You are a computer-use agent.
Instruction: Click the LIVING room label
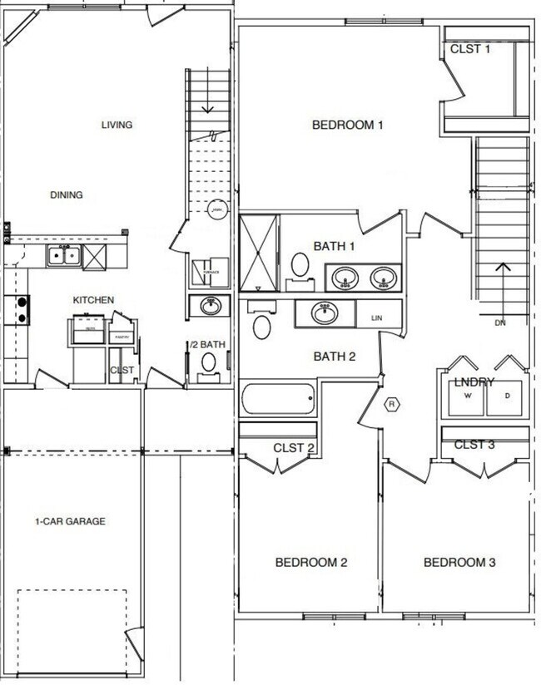tap(117, 126)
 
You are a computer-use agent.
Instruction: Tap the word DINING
tap(66, 195)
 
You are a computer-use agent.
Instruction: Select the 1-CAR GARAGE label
tap(70, 522)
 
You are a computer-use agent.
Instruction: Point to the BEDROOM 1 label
tap(347, 126)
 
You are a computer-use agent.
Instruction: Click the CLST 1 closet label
tap(470, 49)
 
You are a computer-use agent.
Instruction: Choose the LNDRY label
tap(474, 382)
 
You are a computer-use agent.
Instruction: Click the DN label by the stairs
tap(500, 322)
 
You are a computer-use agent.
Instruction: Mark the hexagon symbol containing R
tap(393, 405)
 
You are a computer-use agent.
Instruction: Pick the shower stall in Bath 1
tap(258, 253)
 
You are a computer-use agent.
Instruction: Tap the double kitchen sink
tap(62, 255)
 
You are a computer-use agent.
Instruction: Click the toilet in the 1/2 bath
tap(210, 362)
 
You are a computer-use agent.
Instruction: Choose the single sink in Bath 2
tap(324, 313)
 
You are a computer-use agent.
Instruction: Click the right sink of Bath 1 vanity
tap(383, 278)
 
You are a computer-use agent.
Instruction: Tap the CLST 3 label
tap(474, 445)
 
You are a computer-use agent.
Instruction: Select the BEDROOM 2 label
tap(310, 563)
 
